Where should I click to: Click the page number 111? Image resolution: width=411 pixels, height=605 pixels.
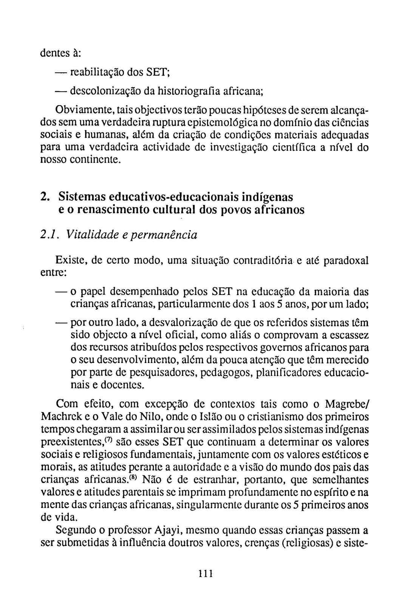206,573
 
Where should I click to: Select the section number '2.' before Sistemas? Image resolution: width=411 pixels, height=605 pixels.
44,197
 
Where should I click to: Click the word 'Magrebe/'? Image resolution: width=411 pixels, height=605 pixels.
347,405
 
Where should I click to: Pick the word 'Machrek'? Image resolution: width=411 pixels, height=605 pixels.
59,417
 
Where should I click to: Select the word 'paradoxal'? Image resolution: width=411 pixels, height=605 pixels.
346,261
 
